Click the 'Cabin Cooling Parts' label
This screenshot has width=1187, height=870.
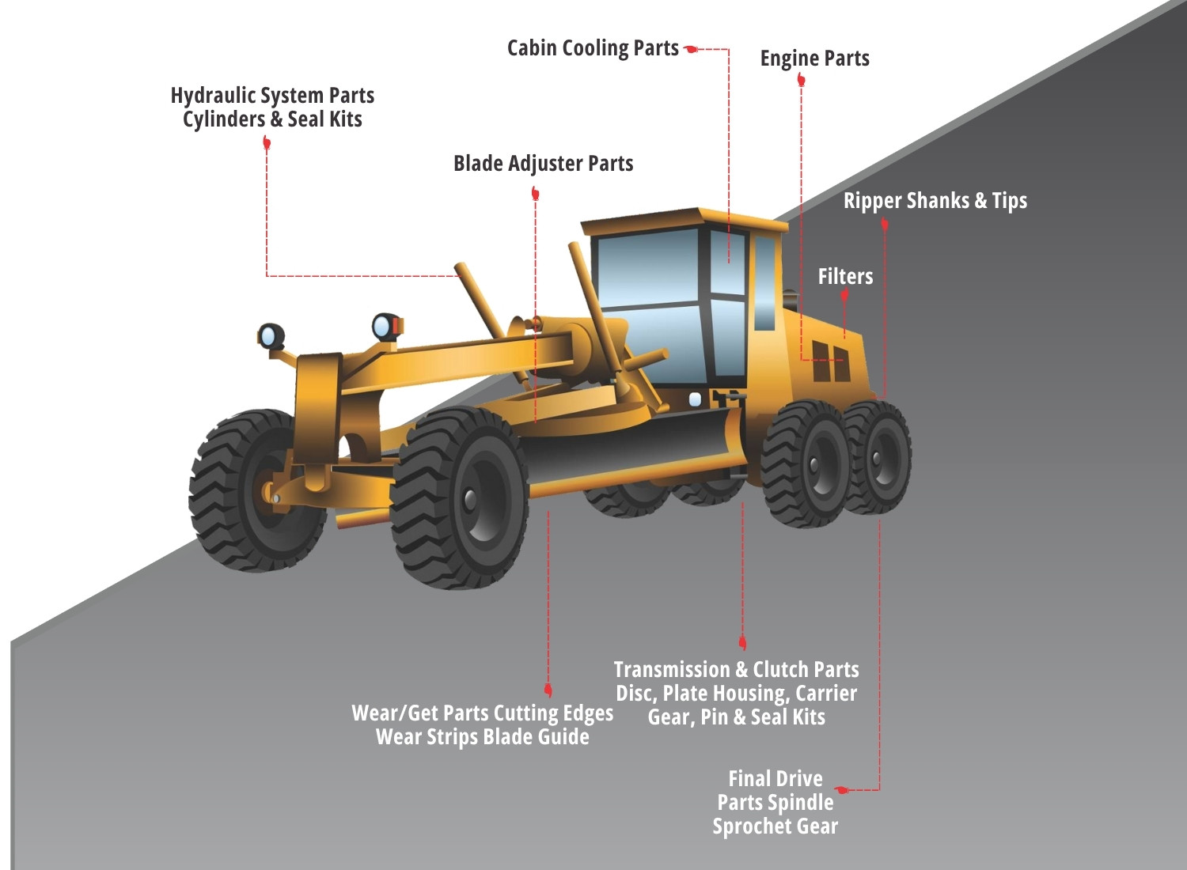593,48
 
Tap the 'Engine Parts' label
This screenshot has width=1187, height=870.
814,59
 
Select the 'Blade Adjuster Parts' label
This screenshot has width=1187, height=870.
543,164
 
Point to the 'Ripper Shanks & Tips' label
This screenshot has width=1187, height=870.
935,201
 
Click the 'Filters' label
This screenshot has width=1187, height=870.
845,277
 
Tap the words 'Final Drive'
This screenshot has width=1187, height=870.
775,779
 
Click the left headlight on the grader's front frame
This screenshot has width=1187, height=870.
271,335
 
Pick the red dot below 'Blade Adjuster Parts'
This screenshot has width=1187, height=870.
536,194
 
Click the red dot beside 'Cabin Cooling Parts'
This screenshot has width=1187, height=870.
692,49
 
